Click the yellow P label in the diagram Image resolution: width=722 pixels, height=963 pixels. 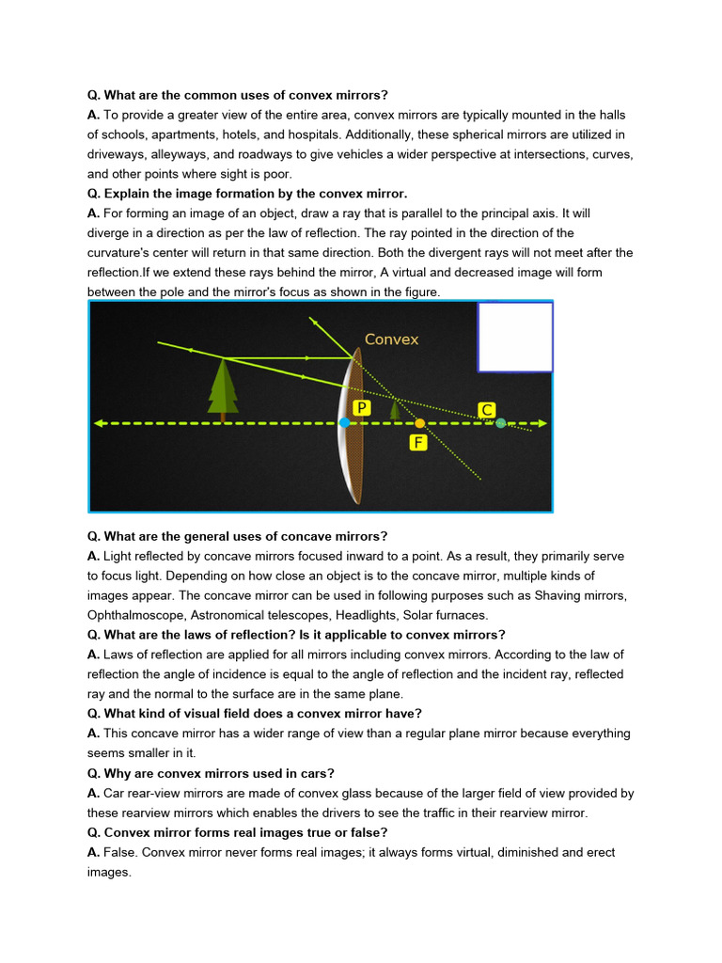[x=361, y=406]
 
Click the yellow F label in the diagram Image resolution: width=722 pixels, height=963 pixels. [x=418, y=442]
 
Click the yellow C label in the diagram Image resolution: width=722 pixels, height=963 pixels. [x=487, y=410]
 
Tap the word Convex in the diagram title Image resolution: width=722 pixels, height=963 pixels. [x=391, y=339]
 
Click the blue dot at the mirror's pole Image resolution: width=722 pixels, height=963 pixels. [x=345, y=423]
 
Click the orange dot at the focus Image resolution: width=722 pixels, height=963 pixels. [x=419, y=423]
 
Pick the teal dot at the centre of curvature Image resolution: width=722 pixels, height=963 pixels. [x=500, y=423]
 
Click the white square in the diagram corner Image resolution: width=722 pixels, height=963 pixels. [x=515, y=338]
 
